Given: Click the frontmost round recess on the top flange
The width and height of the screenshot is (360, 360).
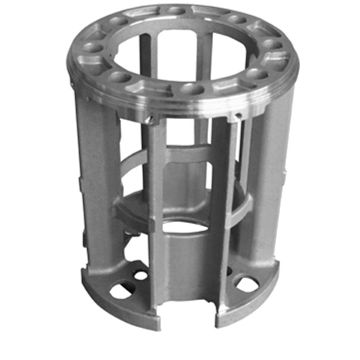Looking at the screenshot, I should pos(192,88).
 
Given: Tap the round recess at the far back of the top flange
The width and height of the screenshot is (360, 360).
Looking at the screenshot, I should pos(176,10).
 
